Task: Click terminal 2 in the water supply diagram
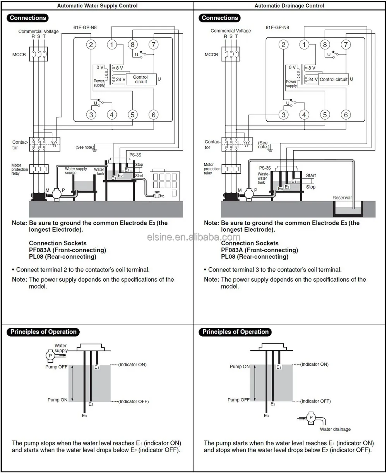point(91,45)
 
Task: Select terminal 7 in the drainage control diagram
point(345,45)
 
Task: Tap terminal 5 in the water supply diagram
point(133,115)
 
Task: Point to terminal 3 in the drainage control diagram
point(283,115)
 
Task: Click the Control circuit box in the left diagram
point(140,79)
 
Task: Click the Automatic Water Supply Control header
point(97,6)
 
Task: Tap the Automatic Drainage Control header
point(289,6)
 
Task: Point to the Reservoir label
point(342,198)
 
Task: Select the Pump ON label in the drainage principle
point(240,366)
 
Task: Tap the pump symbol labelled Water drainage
point(310,417)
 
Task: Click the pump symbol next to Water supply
point(50,355)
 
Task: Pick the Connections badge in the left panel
point(28,18)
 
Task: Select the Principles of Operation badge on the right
point(235,332)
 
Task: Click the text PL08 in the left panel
point(37,256)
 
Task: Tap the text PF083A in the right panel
point(234,250)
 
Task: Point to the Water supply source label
point(76,171)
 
